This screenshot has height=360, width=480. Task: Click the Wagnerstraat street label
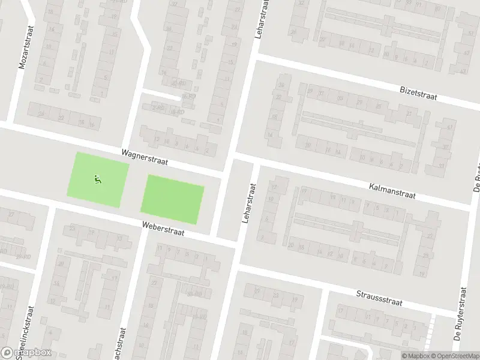144,157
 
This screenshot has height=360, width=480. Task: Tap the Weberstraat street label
163,229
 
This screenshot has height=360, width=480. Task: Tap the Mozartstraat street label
25,47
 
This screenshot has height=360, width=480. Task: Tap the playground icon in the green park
98,178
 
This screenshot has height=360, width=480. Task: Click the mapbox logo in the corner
26,352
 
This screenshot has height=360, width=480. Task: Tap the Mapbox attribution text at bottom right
415,355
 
